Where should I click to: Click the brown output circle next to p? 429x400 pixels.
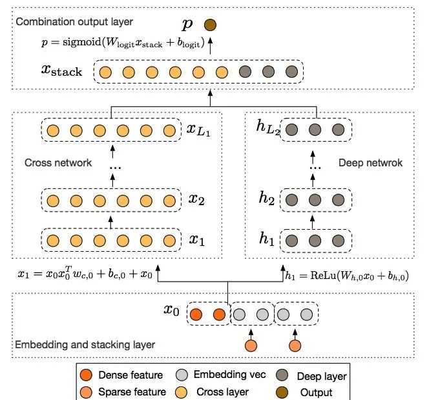pyautogui.click(x=209, y=26)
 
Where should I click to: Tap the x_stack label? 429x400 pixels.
pyautogui.click(x=61, y=71)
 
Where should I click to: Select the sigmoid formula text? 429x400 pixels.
pyautogui.click(x=121, y=45)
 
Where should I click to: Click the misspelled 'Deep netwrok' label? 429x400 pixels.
pyautogui.click(x=370, y=163)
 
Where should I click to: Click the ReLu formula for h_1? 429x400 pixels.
pyautogui.click(x=346, y=275)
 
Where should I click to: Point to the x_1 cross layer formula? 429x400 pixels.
pyautogui.click(x=86, y=274)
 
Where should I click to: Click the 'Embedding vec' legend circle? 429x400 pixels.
pyautogui.click(x=185, y=375)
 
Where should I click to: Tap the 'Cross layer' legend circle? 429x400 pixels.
pyautogui.click(x=185, y=392)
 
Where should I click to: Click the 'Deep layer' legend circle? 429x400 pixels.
pyautogui.click(x=283, y=375)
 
